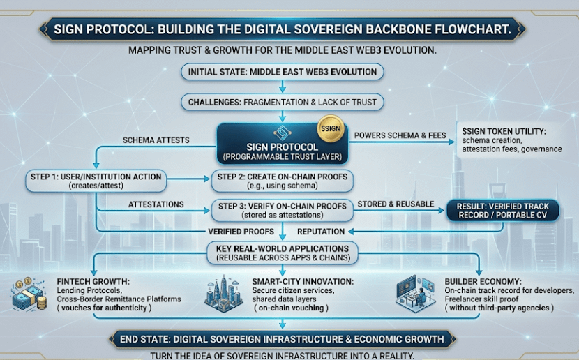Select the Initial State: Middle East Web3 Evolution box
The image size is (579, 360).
coord(282,72)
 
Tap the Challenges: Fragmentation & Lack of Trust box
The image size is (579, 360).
coord(282,102)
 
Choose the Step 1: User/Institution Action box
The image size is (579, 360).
coord(96,181)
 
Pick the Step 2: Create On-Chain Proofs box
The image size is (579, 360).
coord(282,181)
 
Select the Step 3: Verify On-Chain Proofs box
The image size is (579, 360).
coord(282,209)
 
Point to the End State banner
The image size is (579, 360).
coord(282,339)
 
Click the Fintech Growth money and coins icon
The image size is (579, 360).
coord(28,294)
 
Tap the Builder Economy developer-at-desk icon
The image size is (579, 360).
coord(416,292)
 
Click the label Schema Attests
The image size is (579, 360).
coord(156,140)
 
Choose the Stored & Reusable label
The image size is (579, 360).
coord(395,203)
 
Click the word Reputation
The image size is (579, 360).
coord(321,231)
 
